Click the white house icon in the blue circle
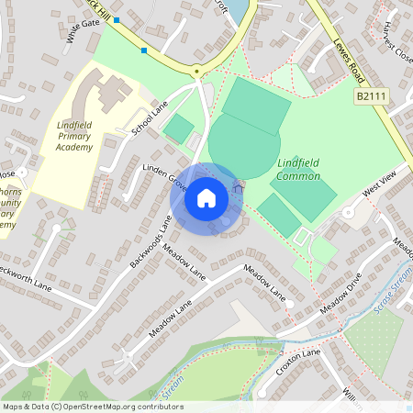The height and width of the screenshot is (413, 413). (x=206, y=197)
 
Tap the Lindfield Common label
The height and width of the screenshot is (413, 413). (x=298, y=170)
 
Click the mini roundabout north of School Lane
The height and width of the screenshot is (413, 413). (x=195, y=72)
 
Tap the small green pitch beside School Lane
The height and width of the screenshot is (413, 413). (x=178, y=128)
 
